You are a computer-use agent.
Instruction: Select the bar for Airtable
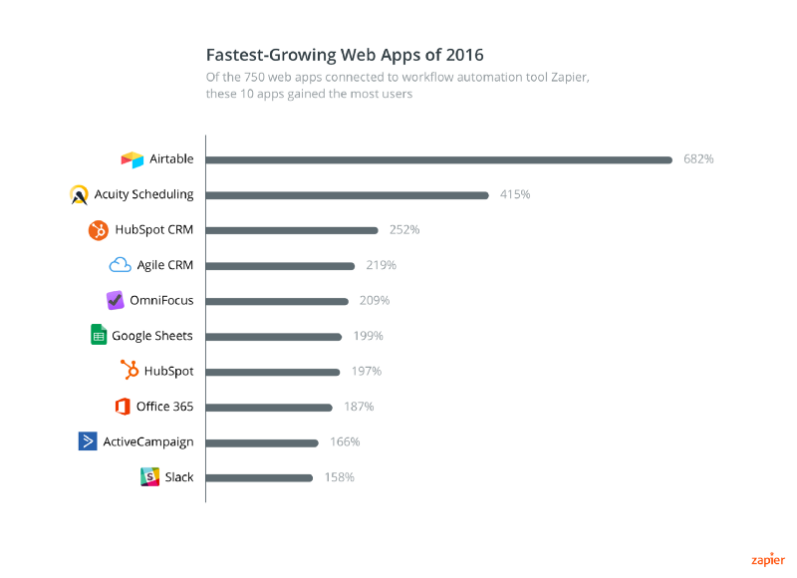(x=438, y=158)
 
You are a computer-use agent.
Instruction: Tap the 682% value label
(x=698, y=158)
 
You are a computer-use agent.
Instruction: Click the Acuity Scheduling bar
(x=347, y=194)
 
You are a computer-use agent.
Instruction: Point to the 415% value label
(x=515, y=194)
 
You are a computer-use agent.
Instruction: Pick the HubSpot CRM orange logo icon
(x=98, y=230)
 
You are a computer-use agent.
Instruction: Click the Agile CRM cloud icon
(x=121, y=265)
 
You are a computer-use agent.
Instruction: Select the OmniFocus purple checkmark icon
(x=115, y=300)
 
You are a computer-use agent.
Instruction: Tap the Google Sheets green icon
(x=98, y=336)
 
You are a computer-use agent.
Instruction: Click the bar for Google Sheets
(x=273, y=336)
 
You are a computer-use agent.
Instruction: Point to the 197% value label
(x=366, y=371)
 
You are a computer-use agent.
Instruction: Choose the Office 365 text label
(x=166, y=407)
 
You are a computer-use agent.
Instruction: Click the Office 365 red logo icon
(x=123, y=407)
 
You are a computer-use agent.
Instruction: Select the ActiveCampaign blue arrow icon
(x=88, y=441)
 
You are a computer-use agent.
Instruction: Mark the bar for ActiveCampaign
(x=262, y=441)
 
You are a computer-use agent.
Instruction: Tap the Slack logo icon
(x=149, y=477)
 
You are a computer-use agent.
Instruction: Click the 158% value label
(x=339, y=477)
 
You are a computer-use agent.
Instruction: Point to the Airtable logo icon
(x=133, y=159)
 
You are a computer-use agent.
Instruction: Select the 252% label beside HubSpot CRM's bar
(x=404, y=229)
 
